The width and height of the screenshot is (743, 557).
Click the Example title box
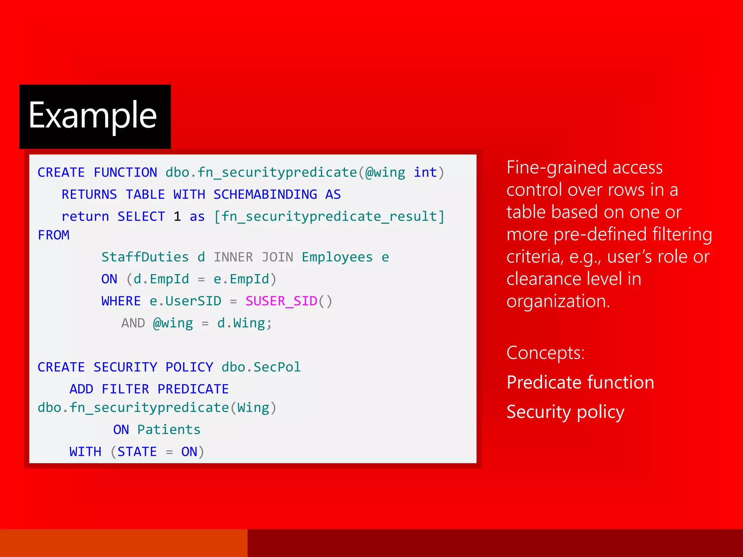click(95, 116)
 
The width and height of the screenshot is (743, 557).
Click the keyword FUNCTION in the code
click(125, 173)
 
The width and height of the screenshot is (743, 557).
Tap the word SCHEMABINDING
click(265, 195)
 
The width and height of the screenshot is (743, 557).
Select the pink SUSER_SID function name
click(281, 301)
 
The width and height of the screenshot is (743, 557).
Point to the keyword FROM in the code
click(54, 235)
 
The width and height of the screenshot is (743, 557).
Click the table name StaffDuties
click(145, 257)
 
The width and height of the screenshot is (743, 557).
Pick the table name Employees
click(337, 257)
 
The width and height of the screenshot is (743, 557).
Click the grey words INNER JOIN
click(253, 257)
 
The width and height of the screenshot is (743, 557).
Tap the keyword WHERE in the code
click(121, 301)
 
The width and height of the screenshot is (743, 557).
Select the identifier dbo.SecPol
click(261, 367)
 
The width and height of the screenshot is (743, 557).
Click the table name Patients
click(169, 430)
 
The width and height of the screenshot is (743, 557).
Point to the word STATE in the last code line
click(137, 452)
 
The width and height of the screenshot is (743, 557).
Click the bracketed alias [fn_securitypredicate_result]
click(329, 216)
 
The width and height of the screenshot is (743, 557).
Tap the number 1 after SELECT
click(177, 216)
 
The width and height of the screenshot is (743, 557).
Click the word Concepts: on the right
click(545, 353)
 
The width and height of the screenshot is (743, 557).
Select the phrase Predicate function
click(580, 382)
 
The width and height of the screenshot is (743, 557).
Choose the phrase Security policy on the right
click(565, 412)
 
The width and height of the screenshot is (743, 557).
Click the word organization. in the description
click(558, 301)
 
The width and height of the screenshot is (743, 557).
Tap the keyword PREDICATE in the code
click(193, 389)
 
